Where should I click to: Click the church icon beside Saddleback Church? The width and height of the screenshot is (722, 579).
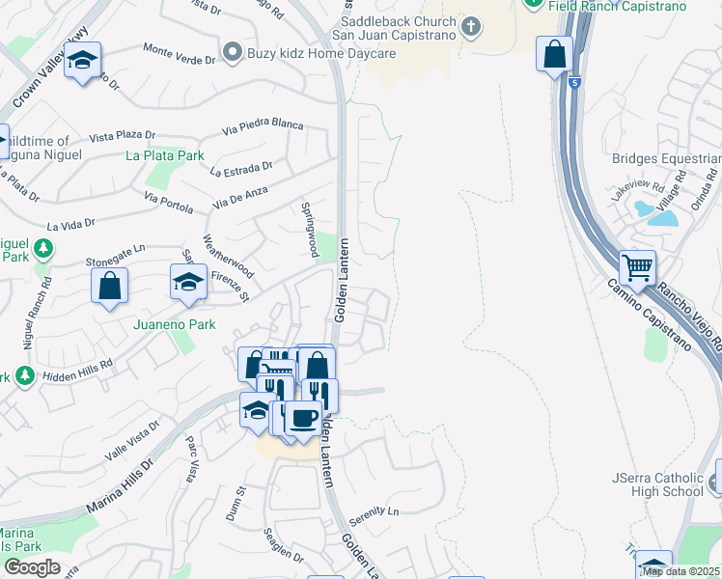point(470,26)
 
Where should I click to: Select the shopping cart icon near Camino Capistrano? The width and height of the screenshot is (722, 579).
point(637,266)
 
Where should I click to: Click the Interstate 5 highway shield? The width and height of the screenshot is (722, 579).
point(575,82)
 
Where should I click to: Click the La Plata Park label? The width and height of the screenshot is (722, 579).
point(164,155)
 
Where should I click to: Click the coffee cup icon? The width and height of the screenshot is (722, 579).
point(304,417)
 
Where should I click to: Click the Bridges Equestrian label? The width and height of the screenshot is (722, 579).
point(666,158)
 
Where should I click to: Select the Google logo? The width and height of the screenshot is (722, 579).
point(32,567)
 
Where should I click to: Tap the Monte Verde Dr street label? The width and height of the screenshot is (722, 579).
point(179,53)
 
